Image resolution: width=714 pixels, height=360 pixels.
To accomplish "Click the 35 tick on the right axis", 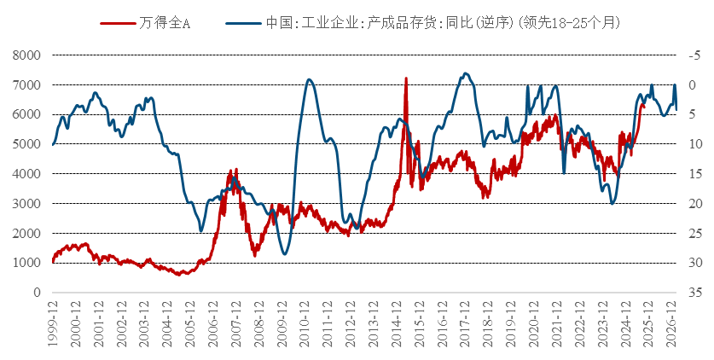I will [692, 293].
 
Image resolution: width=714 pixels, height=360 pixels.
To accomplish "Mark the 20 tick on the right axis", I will [692, 203].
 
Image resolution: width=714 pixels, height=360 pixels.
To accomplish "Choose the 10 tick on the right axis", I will [692, 144].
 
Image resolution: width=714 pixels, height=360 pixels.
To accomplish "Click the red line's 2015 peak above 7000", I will [405, 78].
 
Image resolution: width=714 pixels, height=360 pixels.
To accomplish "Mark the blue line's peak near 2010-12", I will [309, 80].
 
